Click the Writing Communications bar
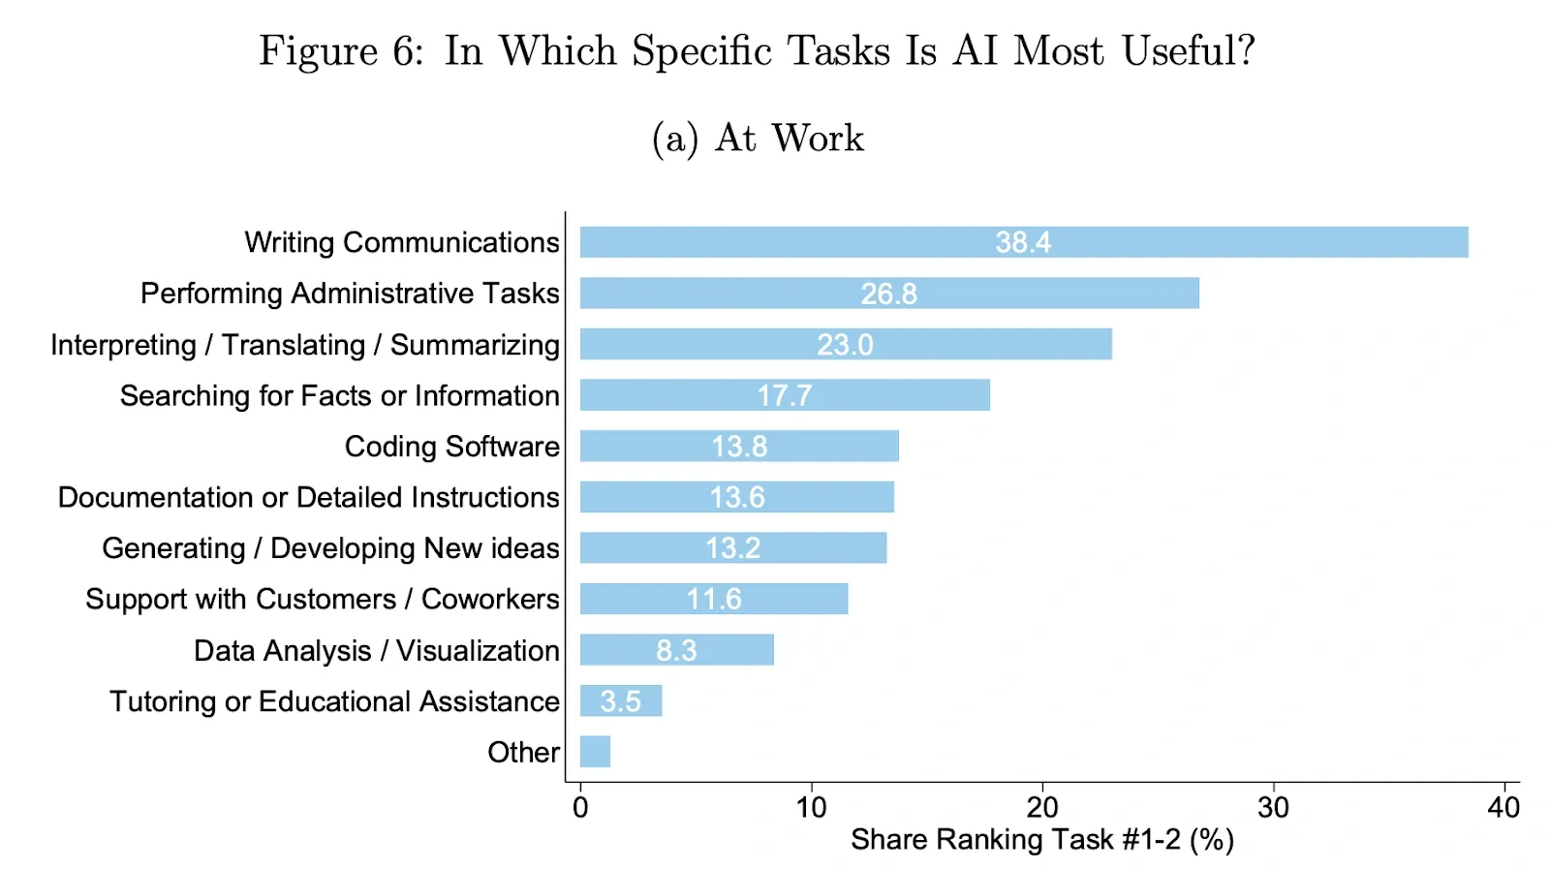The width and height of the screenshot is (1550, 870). coord(1024,242)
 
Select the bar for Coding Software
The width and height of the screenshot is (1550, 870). coord(739,446)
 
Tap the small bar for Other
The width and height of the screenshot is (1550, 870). coord(595,752)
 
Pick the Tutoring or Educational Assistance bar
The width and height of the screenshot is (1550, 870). coord(621,700)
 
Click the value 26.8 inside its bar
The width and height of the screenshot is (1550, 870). coord(889,295)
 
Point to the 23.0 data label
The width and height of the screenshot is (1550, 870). coord(845,345)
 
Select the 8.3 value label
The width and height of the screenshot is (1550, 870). coord(676,651)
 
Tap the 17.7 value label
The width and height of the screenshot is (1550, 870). coord(784,396)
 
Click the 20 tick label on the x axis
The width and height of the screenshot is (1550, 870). coord(1042,807)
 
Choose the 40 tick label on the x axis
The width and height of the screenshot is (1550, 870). coord(1504,807)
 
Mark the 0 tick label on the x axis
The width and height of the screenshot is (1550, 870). coord(580,807)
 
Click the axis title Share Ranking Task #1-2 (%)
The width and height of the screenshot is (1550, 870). coord(1042,840)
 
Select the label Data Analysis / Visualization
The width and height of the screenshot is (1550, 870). coord(377,651)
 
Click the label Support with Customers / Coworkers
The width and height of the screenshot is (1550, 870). coord(323,600)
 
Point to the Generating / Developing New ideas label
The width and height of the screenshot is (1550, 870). coord(330,548)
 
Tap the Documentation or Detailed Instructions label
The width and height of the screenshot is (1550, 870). coord(309,497)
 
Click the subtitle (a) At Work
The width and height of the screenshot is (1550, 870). coord(758,138)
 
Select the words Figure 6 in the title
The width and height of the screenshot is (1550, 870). coord(341,52)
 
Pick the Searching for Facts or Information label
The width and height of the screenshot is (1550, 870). coord(340,396)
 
